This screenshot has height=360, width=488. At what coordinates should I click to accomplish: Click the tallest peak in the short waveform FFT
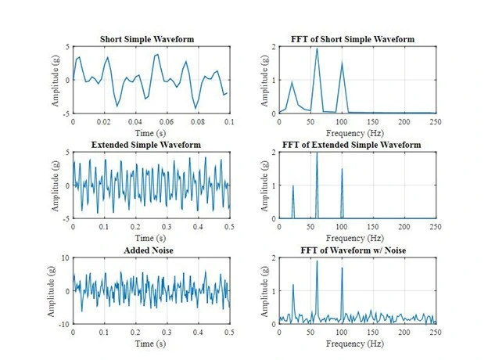[317, 49]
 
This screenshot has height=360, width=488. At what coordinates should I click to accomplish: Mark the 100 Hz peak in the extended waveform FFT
[342, 169]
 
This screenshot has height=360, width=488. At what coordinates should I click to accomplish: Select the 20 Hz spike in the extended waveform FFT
[292, 185]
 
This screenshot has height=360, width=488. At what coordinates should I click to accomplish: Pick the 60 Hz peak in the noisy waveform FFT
[317, 261]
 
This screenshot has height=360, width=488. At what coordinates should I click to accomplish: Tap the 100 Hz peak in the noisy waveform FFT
[342, 268]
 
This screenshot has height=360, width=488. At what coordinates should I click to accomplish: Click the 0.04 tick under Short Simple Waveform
[135, 122]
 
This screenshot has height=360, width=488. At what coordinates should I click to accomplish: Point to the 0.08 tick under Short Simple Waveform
[198, 122]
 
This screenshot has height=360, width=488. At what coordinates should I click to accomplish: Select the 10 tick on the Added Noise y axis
[65, 257]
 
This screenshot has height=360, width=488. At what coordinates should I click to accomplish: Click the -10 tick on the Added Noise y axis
[63, 323]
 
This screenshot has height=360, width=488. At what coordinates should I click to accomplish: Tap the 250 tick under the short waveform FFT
[435, 122]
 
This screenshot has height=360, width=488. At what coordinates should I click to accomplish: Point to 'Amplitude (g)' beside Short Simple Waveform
[55, 81]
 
